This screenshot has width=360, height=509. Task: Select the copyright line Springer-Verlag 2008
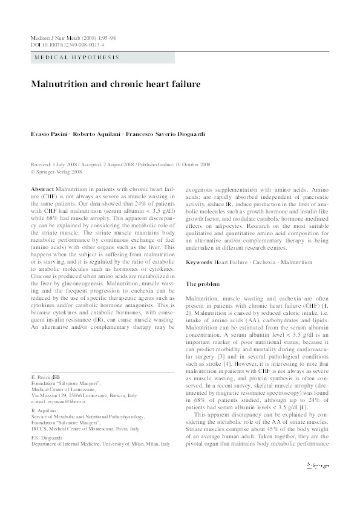58,172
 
